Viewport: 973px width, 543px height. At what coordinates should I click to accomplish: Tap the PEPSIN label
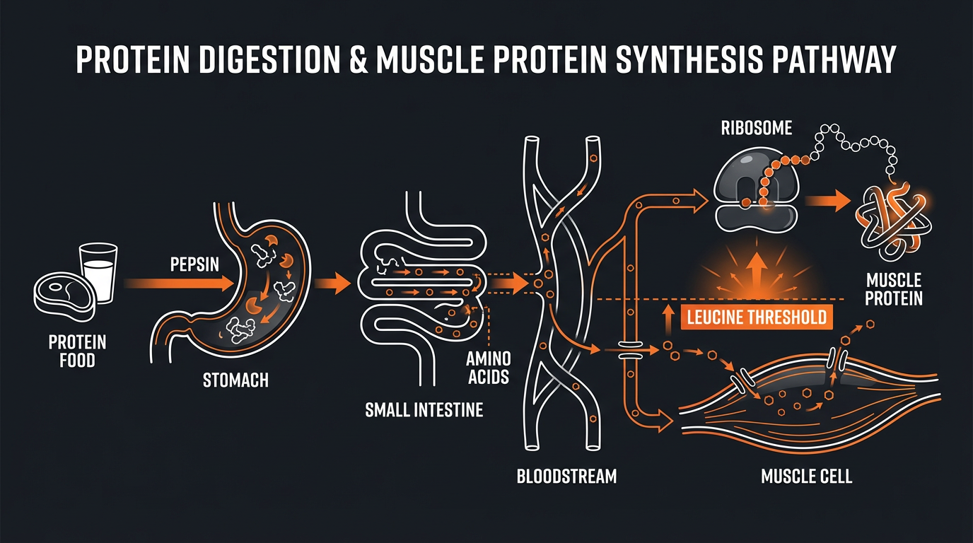pyautogui.click(x=195, y=265)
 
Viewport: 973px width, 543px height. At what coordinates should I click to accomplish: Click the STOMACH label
pyautogui.click(x=235, y=380)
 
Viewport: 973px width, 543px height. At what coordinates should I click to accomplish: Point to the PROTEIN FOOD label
pyautogui.click(x=77, y=351)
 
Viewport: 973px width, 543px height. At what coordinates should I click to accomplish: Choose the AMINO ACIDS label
pyautogui.click(x=488, y=368)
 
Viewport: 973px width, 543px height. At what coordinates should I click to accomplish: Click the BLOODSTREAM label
pyautogui.click(x=566, y=476)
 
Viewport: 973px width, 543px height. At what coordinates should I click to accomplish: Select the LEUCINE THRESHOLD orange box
pyautogui.click(x=756, y=317)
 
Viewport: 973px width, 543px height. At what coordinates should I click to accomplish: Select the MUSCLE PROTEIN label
pyautogui.click(x=894, y=289)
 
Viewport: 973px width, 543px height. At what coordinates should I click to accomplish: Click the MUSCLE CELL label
pyautogui.click(x=806, y=476)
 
